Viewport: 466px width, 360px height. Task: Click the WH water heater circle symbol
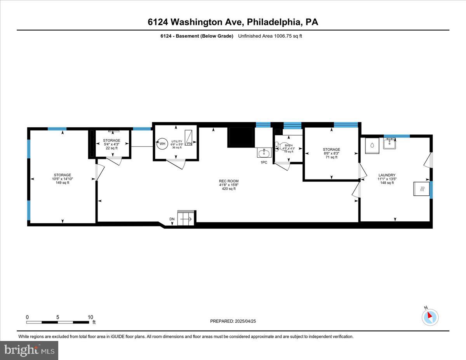point(162,143)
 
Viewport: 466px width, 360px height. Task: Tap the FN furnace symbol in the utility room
point(189,138)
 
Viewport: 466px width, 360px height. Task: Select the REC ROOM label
point(229,181)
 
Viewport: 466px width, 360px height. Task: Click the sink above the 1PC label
point(264,153)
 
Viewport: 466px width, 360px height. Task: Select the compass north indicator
point(429,317)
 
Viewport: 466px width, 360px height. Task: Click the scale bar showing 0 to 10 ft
point(58,322)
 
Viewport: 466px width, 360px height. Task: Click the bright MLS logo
point(29,350)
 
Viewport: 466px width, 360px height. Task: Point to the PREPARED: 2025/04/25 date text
point(233,321)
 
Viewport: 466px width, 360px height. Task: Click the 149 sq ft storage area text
point(63,183)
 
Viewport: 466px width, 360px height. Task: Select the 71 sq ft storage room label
point(331,154)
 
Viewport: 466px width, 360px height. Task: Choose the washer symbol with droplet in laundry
point(372,145)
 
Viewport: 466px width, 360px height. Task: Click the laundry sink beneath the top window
point(389,144)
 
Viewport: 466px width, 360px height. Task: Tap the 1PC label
point(264,162)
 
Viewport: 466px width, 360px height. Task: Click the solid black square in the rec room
point(241,137)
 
